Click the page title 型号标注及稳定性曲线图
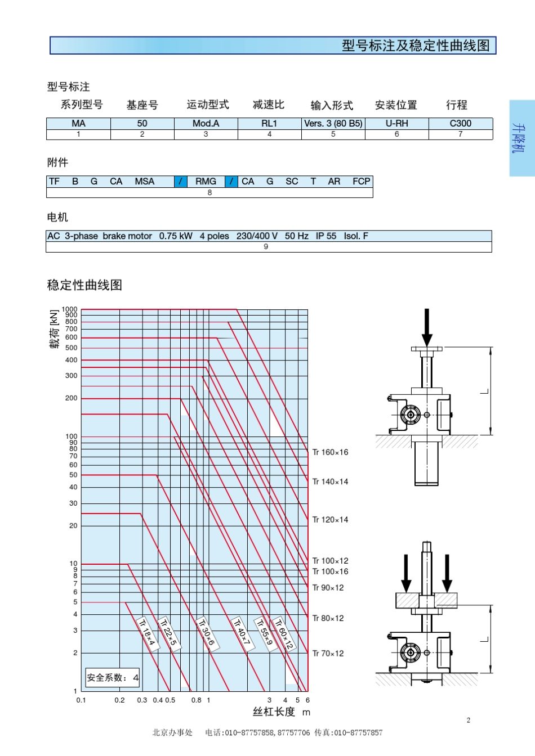pos(416,46)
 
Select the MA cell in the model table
pos(78,123)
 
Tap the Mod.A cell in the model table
pos(206,123)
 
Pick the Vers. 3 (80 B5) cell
pos(333,123)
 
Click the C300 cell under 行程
pos(460,123)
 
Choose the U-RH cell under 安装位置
pos(396,123)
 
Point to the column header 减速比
pos(269,105)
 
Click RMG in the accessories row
pos(206,181)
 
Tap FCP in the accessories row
pos(361,181)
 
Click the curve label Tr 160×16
pos(331,452)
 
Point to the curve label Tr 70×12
pos(328,654)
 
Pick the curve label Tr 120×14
pos(331,520)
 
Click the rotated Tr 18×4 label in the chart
pos(148,633)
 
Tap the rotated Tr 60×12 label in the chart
pos(284,634)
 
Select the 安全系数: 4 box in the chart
pos(113,678)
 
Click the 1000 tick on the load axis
pos(70,309)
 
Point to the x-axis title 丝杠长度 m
pos(281,712)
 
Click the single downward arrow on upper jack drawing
pos(427,327)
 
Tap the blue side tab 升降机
pos(521,138)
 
